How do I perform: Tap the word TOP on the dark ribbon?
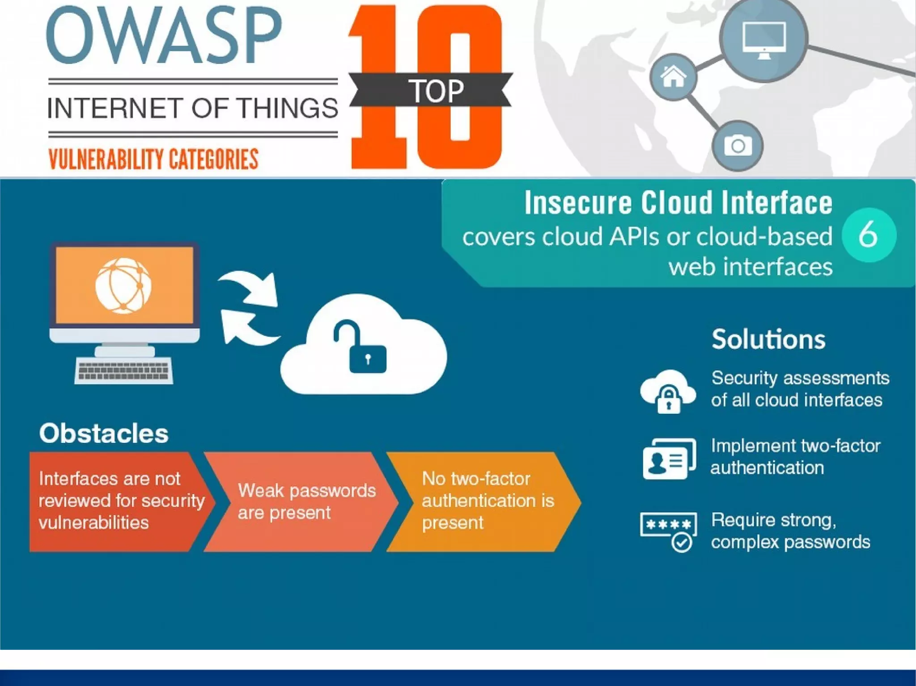436,91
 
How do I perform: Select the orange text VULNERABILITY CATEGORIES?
153,159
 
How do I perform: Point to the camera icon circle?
738,146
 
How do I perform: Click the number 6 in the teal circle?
868,235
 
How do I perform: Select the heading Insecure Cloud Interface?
678,203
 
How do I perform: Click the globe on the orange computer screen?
123,286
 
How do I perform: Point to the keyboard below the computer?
124,370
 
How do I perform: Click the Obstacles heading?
104,433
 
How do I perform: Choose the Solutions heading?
768,339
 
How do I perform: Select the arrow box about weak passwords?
300,501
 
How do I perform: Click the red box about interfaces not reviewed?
116,501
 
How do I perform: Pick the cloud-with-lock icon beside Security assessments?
668,391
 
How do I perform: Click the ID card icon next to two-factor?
669,458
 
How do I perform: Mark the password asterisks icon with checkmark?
669,531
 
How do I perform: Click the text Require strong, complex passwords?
790,531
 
